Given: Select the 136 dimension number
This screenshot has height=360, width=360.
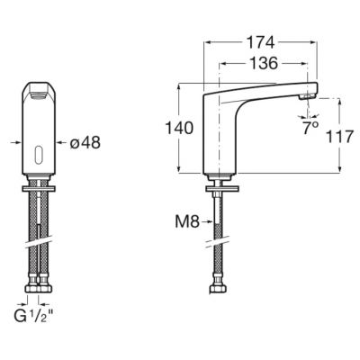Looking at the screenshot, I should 262,64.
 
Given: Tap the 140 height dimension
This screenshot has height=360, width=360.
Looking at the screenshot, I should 182,130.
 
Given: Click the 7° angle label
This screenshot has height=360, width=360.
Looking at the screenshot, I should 312,128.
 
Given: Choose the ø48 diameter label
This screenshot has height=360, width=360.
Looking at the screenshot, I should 84,142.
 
